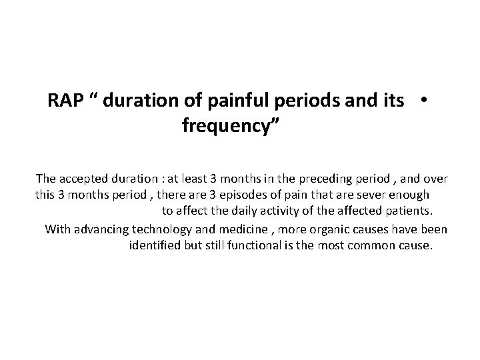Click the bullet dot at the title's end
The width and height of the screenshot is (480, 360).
pyautogui.click(x=423, y=99)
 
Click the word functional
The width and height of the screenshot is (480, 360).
pyautogui.click(x=253, y=246)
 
